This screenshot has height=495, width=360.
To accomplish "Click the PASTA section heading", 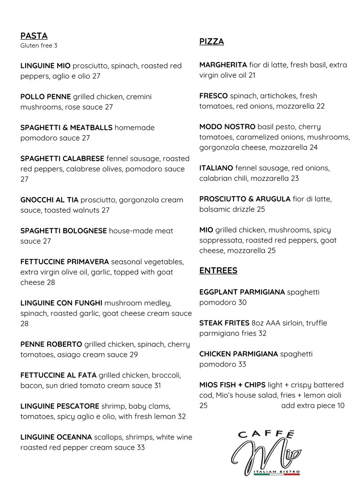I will tap(34, 36).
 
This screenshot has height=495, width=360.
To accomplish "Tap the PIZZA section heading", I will tap(211, 42).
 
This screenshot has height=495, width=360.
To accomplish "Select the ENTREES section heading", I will tap(218, 270).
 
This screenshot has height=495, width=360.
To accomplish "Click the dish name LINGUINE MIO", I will tap(45, 66).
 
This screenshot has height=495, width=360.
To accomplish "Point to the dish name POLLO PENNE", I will tap(45, 97).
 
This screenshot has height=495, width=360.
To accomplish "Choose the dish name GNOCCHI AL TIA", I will tap(49, 200).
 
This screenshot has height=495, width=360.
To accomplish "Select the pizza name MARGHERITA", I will tap(223, 65).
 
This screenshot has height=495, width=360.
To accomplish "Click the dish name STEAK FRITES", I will tap(224, 323).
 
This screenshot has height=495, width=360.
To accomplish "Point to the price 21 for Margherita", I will tap(252, 75).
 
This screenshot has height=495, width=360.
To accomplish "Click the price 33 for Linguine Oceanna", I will tap(140, 447).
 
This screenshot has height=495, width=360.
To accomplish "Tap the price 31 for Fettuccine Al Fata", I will tap(157, 386).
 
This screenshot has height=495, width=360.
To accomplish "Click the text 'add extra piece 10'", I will tap(313, 406).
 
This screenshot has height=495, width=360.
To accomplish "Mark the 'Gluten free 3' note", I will tap(39, 45).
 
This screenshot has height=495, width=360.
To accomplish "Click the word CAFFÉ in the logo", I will tap(266, 435).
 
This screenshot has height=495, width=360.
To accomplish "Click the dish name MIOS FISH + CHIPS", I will tap(232, 385).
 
